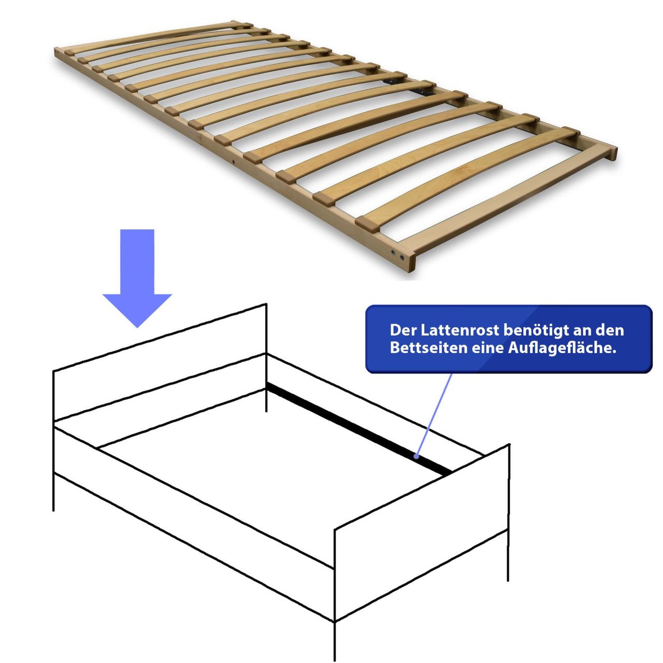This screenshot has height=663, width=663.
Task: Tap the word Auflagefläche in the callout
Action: (561, 348)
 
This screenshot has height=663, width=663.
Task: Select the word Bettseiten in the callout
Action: (429, 348)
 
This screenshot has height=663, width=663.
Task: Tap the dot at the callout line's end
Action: (416, 456)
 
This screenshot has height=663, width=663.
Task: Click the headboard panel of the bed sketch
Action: (160, 363)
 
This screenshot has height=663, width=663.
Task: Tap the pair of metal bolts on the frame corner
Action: (397, 255)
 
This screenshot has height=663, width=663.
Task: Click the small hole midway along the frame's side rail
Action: (234, 161)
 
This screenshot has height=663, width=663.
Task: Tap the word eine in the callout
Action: (487, 348)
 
